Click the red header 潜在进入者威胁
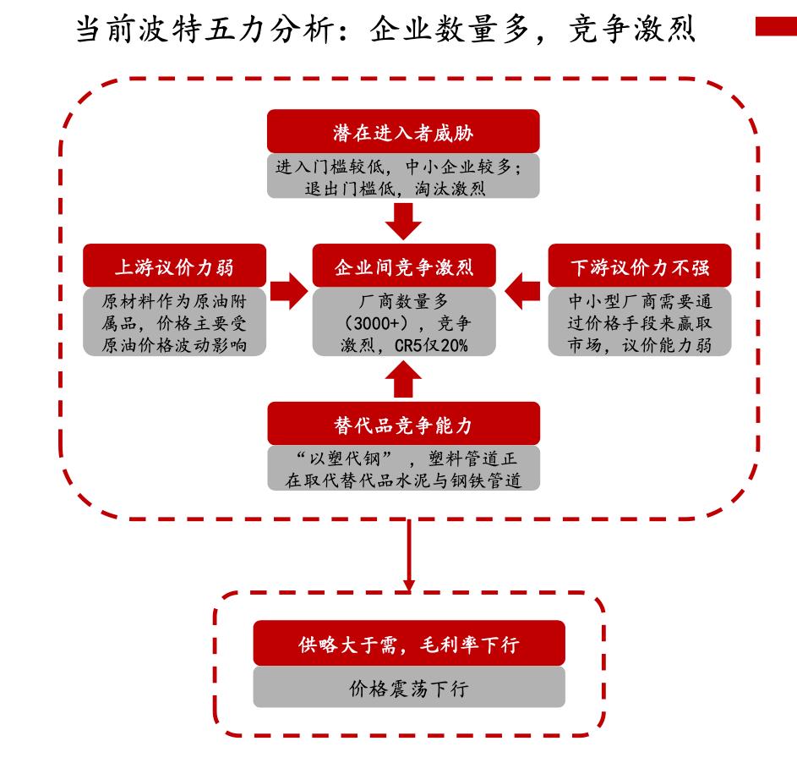point(403,132)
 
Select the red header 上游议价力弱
point(174,267)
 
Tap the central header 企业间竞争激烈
point(403,267)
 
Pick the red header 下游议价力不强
point(640,267)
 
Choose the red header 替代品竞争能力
point(403,423)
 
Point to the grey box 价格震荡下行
point(408,688)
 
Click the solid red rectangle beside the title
point(774,29)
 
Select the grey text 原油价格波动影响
point(174,344)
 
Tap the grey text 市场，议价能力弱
point(640,344)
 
